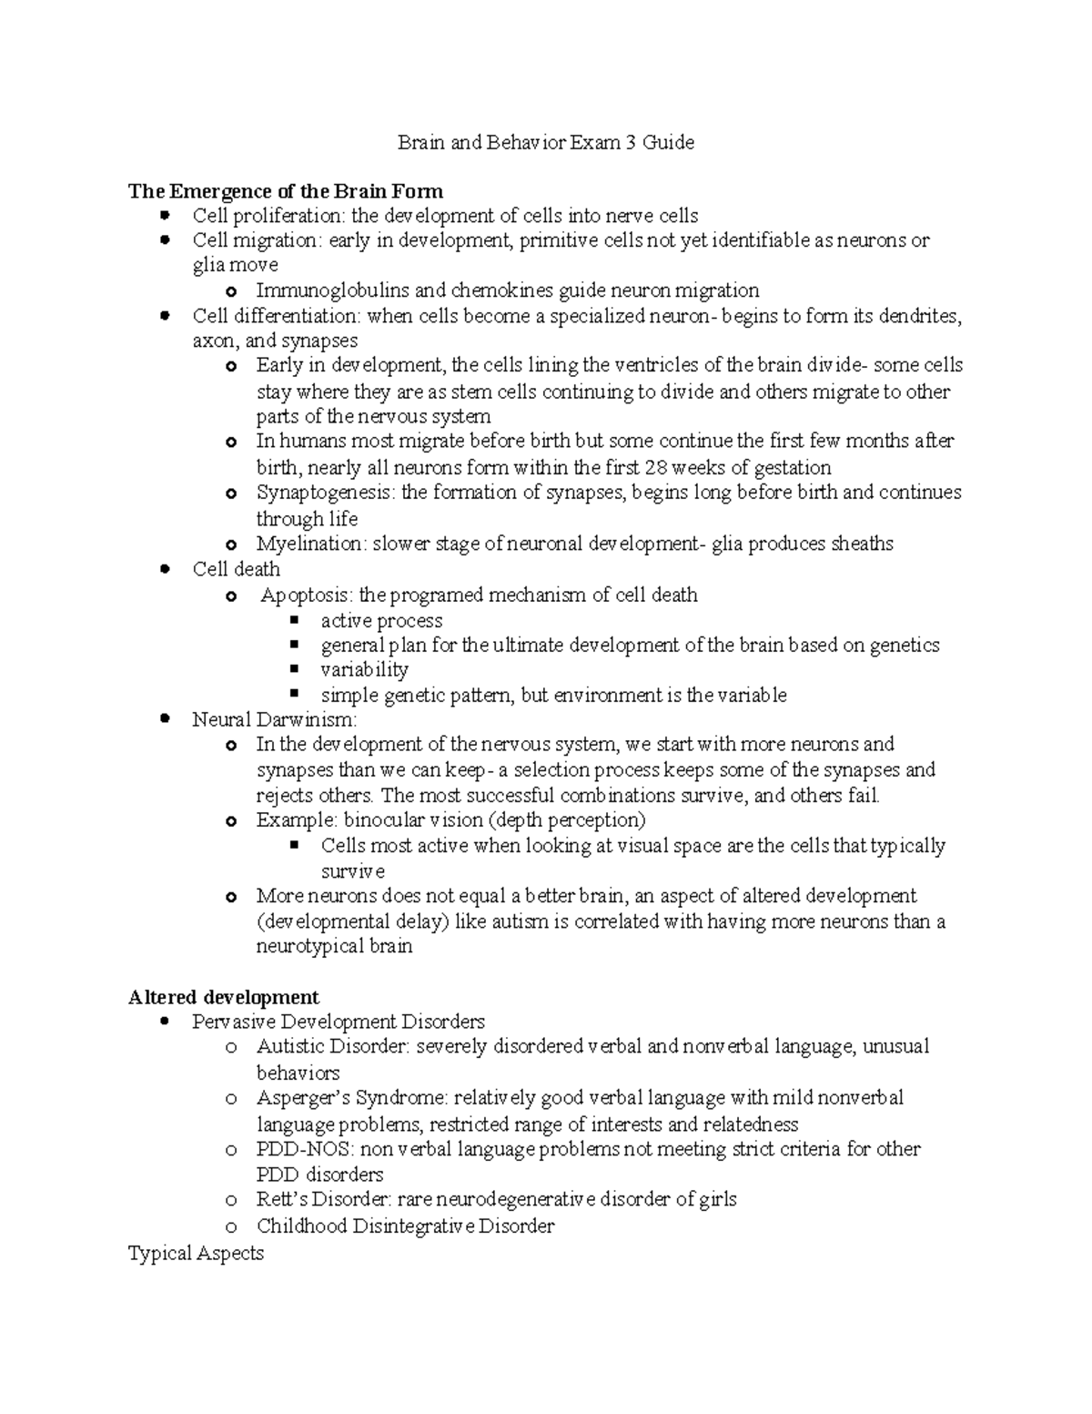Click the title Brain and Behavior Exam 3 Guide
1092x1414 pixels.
click(545, 143)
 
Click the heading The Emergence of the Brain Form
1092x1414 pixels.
click(286, 191)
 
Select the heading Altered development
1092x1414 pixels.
click(224, 996)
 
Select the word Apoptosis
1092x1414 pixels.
click(307, 595)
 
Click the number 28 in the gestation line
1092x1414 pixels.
click(655, 468)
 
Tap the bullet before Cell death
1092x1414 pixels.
click(165, 569)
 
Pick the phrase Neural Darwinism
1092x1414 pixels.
click(274, 719)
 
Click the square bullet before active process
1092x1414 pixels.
click(294, 620)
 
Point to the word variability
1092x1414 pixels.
click(364, 670)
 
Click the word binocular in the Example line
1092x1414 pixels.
click(385, 820)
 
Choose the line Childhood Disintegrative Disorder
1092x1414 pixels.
click(405, 1226)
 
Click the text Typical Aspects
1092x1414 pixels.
click(196, 1254)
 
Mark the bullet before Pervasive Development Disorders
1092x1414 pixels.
click(165, 1022)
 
